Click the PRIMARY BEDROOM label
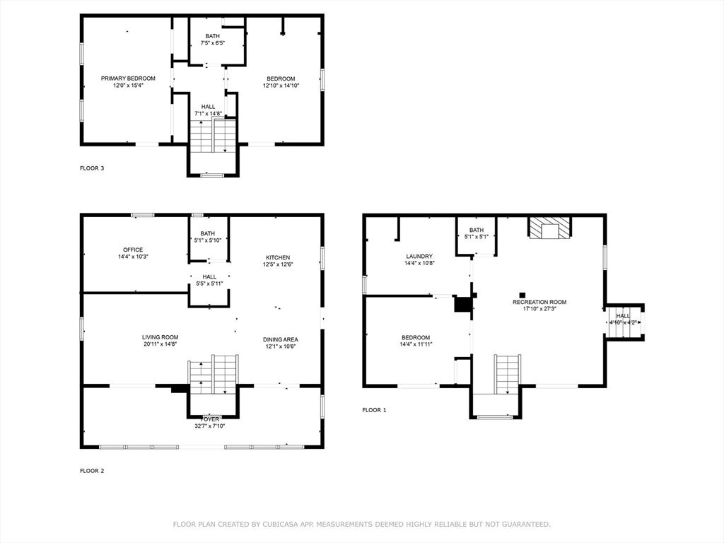128,78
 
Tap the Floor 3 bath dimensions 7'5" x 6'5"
212,43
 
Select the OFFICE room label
133,250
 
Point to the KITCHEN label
278,257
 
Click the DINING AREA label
280,339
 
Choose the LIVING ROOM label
160,337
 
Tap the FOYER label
211,419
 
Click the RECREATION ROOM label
539,302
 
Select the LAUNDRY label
419,256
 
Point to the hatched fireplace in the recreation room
549,228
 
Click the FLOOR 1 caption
375,410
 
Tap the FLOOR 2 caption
92,471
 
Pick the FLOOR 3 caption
92,168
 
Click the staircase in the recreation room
508,374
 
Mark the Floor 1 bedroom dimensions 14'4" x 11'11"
416,344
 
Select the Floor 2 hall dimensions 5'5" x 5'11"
209,284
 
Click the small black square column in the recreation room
522,295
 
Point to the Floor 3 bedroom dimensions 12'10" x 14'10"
281,86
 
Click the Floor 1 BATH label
477,230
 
